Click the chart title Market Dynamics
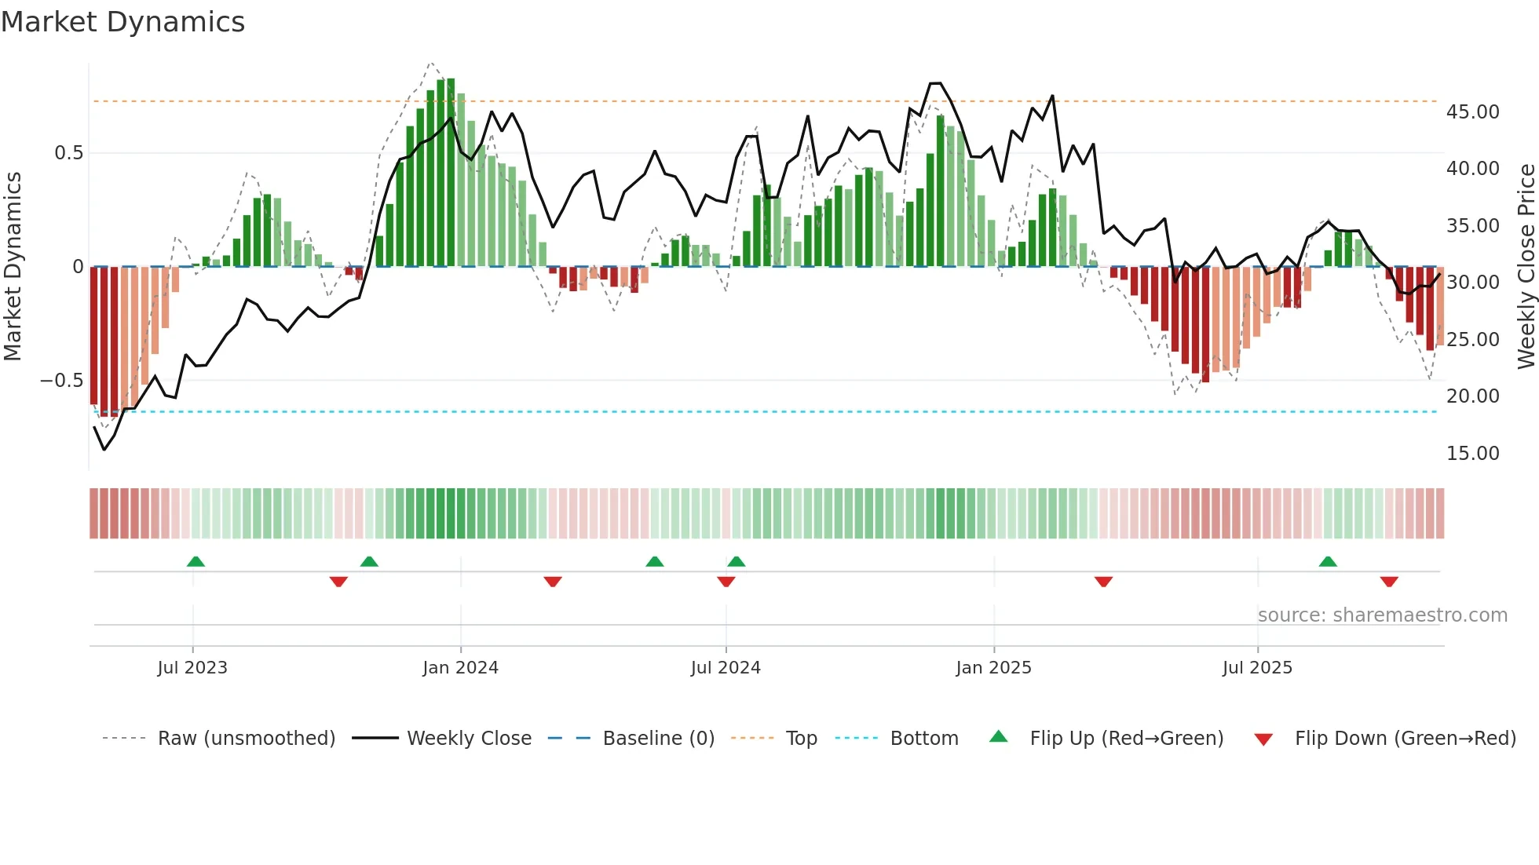(x=122, y=22)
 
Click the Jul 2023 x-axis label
(x=192, y=668)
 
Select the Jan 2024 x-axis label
(x=460, y=668)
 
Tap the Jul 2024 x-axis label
(x=726, y=668)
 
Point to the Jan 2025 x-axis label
(x=993, y=668)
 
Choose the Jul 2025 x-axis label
(x=1257, y=668)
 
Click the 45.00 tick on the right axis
(x=1472, y=112)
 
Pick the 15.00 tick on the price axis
(x=1472, y=454)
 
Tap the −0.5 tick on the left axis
(x=61, y=381)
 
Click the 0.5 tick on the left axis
(x=68, y=153)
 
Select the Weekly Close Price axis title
(x=1526, y=267)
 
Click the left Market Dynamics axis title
(x=13, y=267)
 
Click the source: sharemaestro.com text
(x=1382, y=615)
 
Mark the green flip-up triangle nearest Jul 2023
(x=196, y=561)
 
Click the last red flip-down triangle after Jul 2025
(x=1388, y=582)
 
